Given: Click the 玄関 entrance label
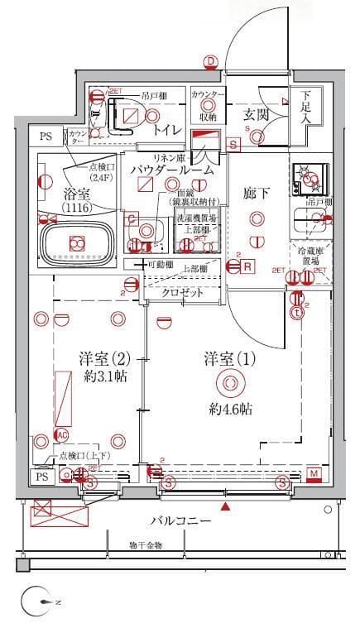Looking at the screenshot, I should pyautogui.click(x=257, y=114).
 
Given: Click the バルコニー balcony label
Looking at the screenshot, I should pyautogui.click(x=180, y=521).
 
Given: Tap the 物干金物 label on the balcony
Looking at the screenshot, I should pyautogui.click(x=146, y=545).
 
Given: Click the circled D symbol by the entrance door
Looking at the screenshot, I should pyautogui.click(x=211, y=61).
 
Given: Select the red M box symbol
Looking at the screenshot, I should pyautogui.click(x=314, y=473).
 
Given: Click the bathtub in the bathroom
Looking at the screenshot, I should pyautogui.click(x=77, y=243).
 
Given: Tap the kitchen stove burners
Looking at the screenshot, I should pyautogui.click(x=310, y=177).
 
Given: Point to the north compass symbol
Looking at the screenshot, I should pyautogui.click(x=32, y=602).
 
